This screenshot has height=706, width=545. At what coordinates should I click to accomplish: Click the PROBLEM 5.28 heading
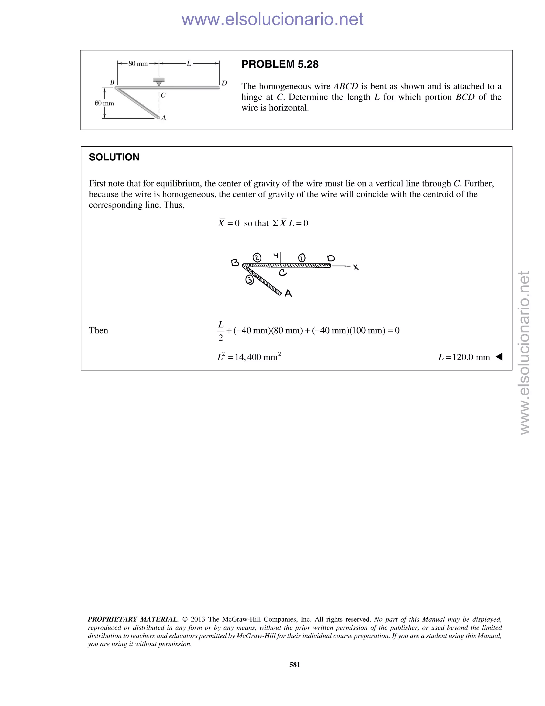click(280, 64)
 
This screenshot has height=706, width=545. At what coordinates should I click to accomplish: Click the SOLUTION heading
click(114, 157)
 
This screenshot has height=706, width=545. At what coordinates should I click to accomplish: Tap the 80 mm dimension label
click(138, 64)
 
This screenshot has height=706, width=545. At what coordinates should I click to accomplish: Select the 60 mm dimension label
click(104, 103)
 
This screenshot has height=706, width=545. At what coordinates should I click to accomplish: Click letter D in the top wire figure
click(224, 83)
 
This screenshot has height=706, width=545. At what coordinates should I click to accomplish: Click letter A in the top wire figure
click(164, 118)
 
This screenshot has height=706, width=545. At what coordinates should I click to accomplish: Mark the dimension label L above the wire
click(189, 64)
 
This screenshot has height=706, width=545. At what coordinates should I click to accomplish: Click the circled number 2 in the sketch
click(257, 258)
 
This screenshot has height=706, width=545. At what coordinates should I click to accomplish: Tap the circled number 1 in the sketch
click(302, 258)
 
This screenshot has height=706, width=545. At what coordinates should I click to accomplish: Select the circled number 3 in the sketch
click(250, 280)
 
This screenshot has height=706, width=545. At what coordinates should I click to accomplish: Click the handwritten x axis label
click(356, 267)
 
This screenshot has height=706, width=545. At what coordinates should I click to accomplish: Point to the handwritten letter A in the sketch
click(288, 293)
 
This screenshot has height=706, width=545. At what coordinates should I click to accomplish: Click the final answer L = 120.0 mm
click(464, 357)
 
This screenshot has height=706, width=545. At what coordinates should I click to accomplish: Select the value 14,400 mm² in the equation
click(258, 357)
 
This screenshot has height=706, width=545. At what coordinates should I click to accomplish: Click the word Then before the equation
click(98, 330)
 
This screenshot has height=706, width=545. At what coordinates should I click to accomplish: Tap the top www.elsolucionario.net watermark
click(272, 19)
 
